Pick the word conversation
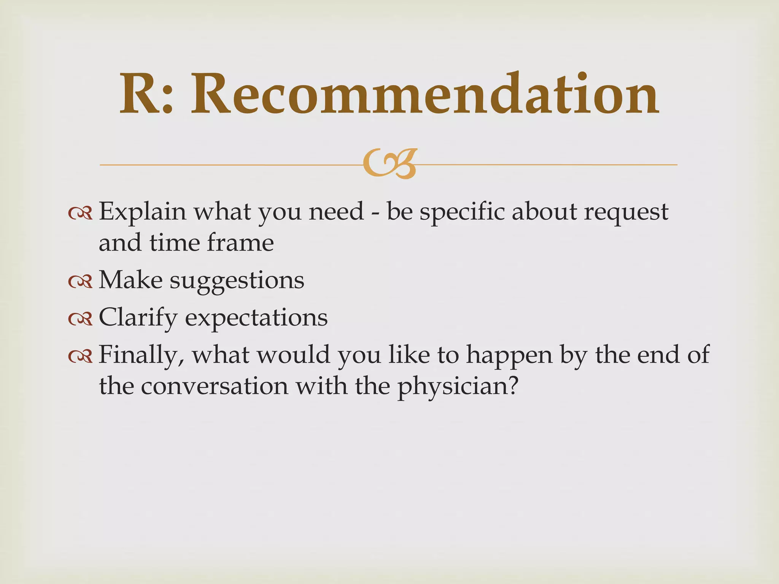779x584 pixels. pyautogui.click(x=215, y=386)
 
